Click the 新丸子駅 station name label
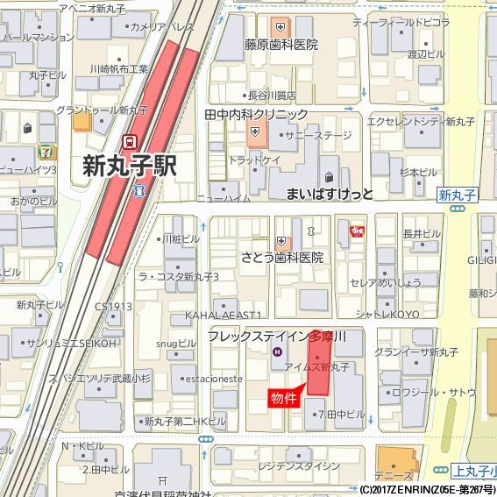130,165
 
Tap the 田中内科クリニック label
256,115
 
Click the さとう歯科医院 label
282,258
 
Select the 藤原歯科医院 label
280,44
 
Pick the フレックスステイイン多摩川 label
277,336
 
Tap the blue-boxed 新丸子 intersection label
458,195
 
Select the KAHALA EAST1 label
224,314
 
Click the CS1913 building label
114,306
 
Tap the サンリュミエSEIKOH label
71,343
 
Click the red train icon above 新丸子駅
130,139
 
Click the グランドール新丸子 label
102,110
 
